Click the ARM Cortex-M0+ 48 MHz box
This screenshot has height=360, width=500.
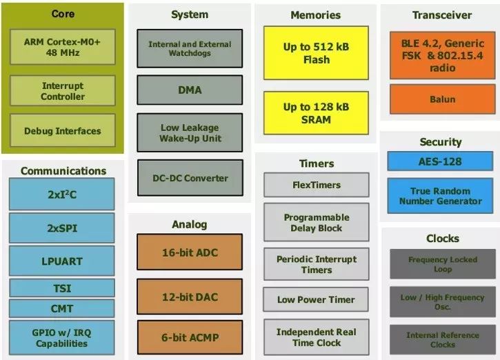tap(63, 47)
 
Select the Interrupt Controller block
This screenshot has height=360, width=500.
tap(63, 91)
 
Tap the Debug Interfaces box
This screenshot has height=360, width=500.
tap(63, 131)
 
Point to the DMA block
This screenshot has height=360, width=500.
tap(190, 90)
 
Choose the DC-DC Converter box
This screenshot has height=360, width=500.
tap(190, 178)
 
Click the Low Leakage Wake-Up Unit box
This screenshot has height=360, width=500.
tap(190, 132)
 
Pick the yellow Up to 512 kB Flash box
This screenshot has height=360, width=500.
tap(316, 53)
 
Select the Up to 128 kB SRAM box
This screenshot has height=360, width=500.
tap(316, 113)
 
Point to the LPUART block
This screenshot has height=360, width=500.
tap(62, 261)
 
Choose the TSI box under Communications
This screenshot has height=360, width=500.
tap(62, 288)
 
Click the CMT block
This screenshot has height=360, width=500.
tap(62, 308)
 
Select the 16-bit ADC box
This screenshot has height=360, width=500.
tap(190, 252)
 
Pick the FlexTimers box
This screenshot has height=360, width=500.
tap(317, 185)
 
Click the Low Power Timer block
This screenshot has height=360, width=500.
tap(317, 299)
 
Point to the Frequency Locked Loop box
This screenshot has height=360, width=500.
tap(443, 264)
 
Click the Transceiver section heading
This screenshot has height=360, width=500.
tap(442, 14)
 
